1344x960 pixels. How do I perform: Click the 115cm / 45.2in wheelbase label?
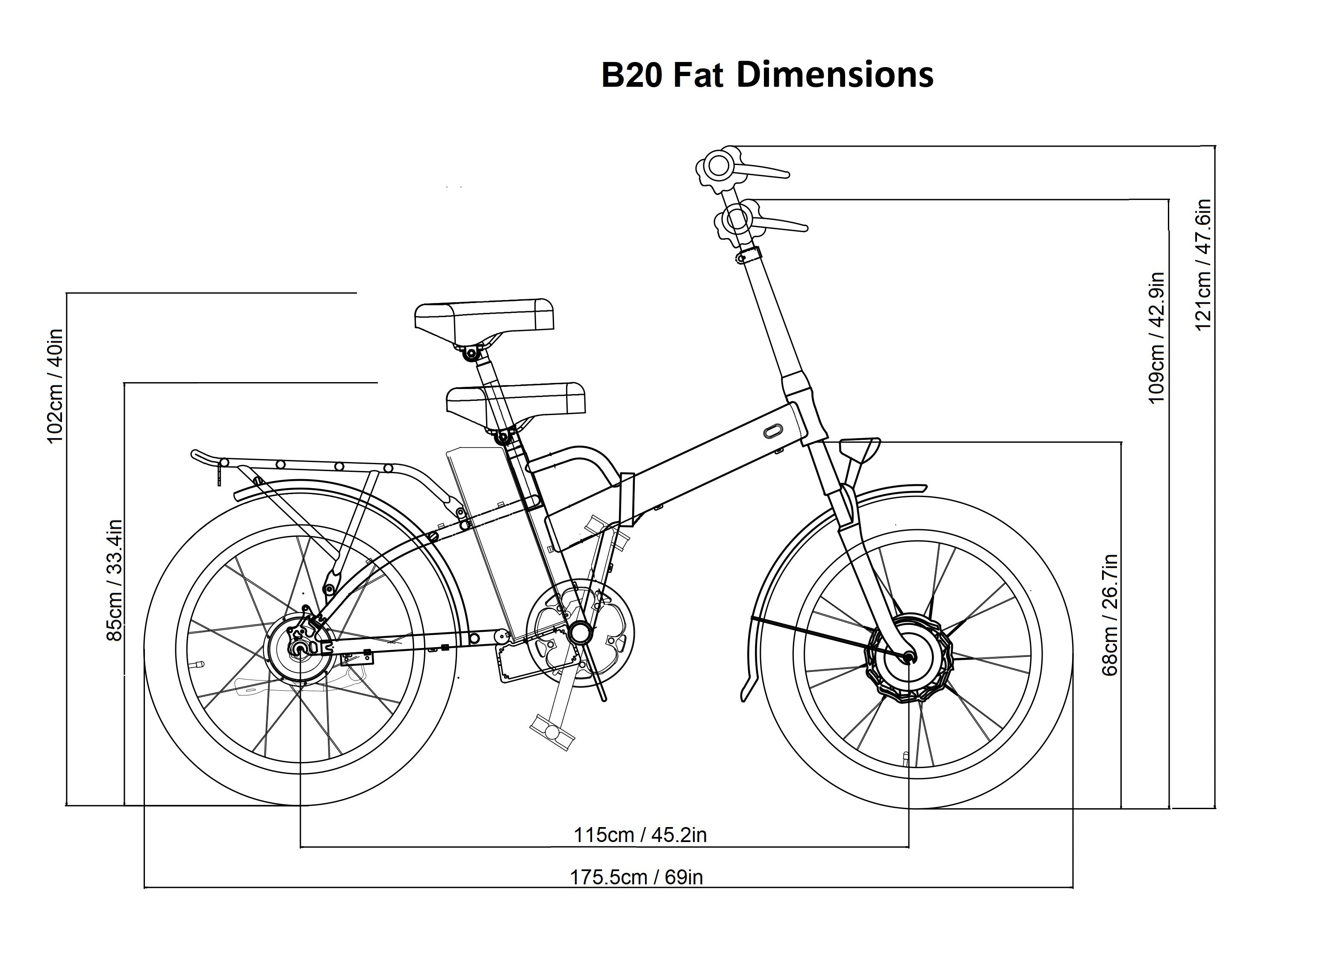coord(640,835)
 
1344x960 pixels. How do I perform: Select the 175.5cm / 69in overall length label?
coord(636,877)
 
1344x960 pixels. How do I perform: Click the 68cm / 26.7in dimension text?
coord(1109,615)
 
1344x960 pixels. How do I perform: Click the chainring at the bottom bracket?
coord(579,633)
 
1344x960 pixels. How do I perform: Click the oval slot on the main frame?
coord(772,431)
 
